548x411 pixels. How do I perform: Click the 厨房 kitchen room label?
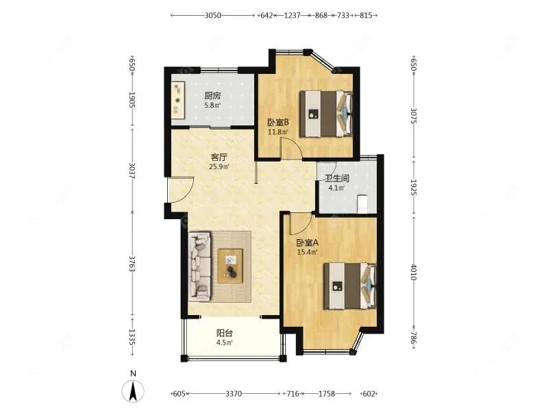tap(212, 96)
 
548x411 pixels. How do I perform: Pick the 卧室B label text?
tap(277, 123)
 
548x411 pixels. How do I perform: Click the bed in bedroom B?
tap(328, 113)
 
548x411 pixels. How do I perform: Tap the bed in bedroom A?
tap(350, 285)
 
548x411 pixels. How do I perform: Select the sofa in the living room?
tap(200, 266)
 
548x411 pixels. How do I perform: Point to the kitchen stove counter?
tap(178, 101)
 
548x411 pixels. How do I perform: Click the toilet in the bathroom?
tap(363, 203)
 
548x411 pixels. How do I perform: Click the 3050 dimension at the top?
tap(213, 14)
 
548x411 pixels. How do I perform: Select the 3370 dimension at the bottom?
tap(234, 393)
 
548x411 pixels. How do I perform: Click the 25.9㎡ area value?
tap(219, 166)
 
